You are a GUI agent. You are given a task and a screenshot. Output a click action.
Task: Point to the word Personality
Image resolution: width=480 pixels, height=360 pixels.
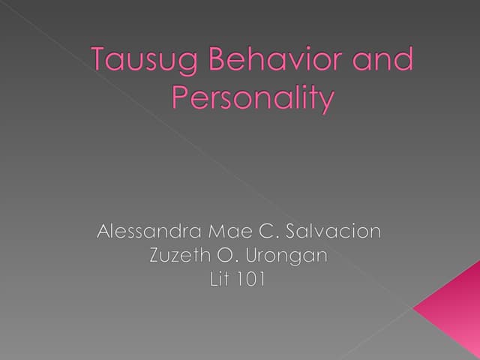(x=252, y=99)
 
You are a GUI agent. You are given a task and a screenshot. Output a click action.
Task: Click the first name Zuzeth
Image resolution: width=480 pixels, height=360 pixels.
(x=180, y=256)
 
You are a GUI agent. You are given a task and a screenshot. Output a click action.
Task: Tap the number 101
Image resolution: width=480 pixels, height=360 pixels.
(x=253, y=280)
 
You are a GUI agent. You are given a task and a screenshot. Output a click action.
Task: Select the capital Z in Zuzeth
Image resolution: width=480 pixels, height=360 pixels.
(x=155, y=256)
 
